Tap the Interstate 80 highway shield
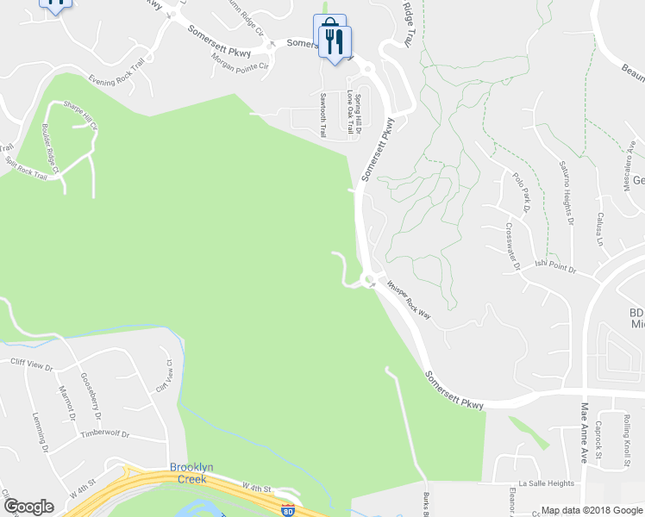(x=288, y=510)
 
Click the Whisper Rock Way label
(x=408, y=300)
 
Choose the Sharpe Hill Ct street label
(x=80, y=115)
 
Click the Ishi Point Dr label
(x=554, y=267)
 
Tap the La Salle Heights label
(x=546, y=484)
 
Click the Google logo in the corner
(x=28, y=507)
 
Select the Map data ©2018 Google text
(x=591, y=510)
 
